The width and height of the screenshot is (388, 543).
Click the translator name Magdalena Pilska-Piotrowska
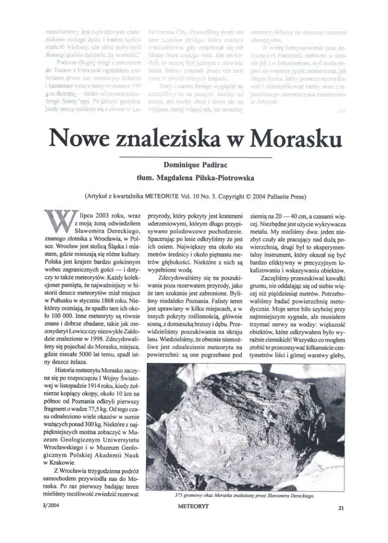(194, 177)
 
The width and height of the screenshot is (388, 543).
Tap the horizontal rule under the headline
(194, 157)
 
